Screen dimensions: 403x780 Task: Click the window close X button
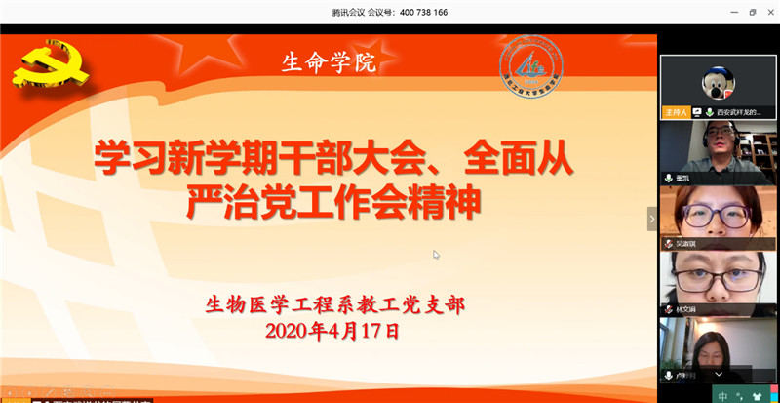769,12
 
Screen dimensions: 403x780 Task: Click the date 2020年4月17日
332,330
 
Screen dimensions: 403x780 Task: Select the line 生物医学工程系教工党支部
334,304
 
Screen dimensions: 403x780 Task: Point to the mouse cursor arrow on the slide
436,255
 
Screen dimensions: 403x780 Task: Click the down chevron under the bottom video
719,374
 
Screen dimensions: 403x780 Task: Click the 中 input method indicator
722,395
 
